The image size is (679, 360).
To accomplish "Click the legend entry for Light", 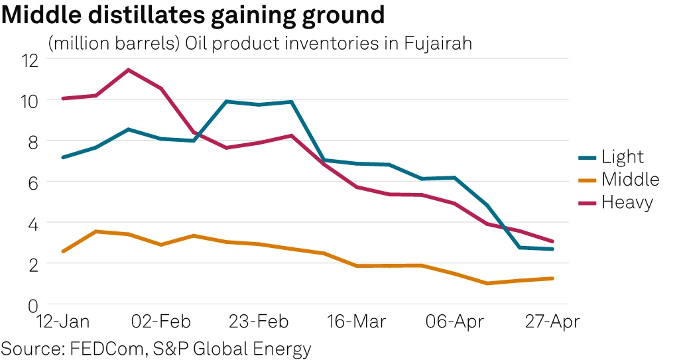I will [x=623, y=157].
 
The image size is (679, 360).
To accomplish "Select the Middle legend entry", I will [x=630, y=180].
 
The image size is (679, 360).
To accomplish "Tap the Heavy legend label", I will [x=627, y=202].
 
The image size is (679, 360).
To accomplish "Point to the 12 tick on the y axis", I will [x=31, y=60].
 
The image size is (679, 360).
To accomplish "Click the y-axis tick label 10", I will [x=31, y=101].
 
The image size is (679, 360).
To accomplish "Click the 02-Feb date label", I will [x=161, y=323].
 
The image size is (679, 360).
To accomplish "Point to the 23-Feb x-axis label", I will [x=259, y=323].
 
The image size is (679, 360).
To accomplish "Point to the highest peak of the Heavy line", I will [x=128, y=70].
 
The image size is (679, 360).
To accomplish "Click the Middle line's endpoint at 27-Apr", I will [x=552, y=278].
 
